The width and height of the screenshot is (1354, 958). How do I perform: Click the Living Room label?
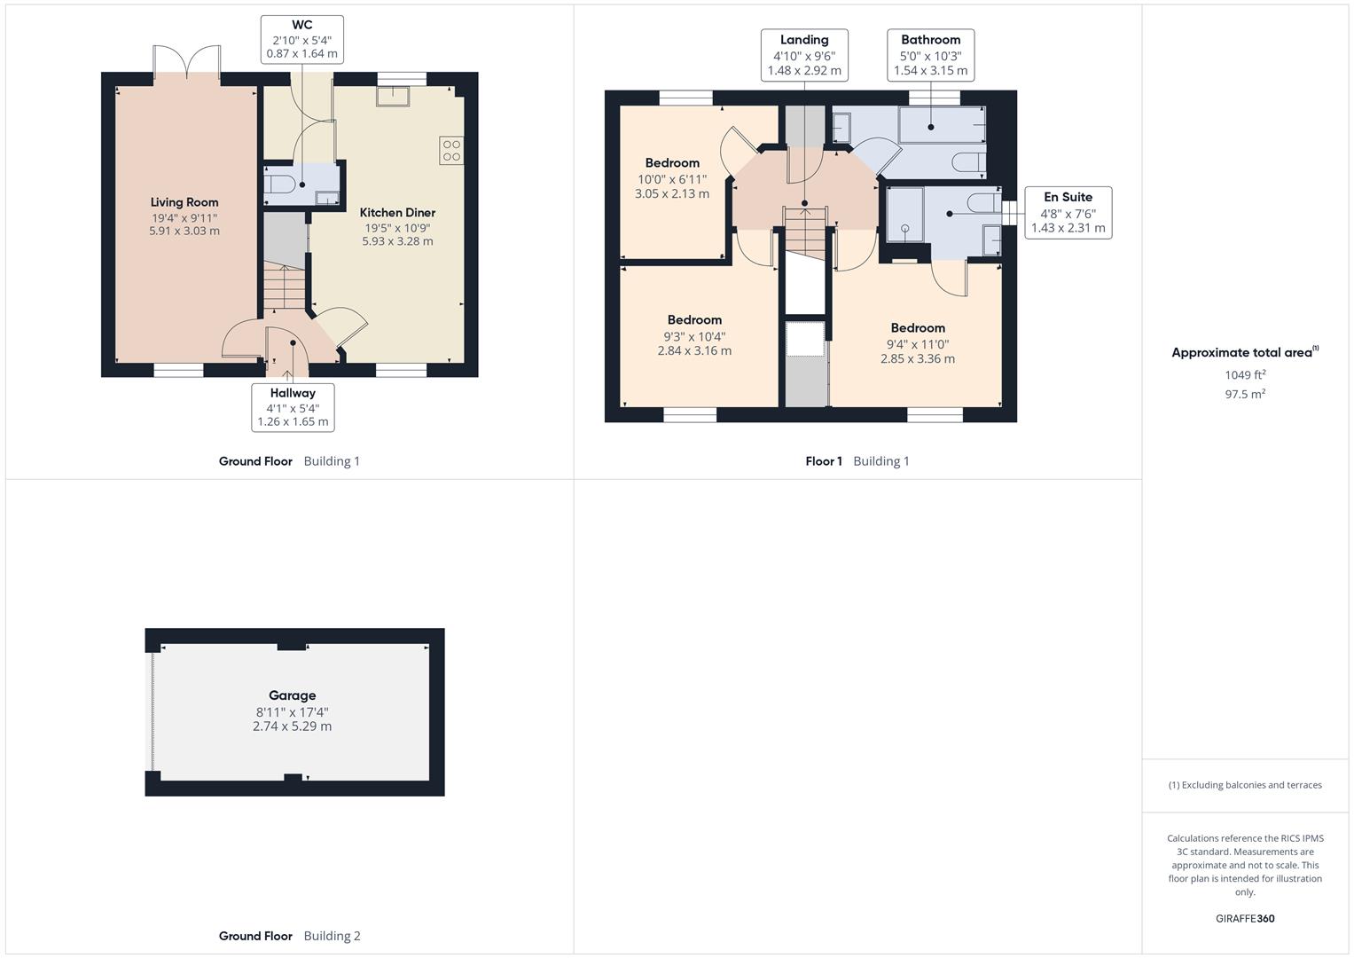coord(184,202)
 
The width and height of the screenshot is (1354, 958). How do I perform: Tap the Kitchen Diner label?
coord(397,212)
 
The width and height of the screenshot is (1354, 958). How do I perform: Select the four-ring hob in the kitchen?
coord(451,151)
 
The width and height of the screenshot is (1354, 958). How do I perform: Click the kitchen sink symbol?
coord(393,97)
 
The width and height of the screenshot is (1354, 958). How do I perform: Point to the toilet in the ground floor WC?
coord(279,185)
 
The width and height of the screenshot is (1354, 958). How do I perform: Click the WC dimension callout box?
coord(302,39)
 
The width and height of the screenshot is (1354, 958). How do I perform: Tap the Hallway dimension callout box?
coord(293,407)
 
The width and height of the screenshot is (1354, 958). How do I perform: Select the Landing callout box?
coord(804,55)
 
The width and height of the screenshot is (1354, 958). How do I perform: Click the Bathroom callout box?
coord(930,55)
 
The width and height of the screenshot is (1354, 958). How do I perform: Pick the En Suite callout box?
coord(1068,212)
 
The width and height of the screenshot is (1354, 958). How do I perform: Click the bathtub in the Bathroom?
coord(942,125)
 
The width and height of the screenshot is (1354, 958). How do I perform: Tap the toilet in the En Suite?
coord(983,202)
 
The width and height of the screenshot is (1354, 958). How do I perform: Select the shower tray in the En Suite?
coord(904,215)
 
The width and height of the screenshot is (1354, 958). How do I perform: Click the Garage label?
coord(292,695)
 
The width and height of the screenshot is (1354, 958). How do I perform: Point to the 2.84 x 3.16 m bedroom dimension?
coord(694,350)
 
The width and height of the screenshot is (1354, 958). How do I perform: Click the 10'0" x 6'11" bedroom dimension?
coord(672,179)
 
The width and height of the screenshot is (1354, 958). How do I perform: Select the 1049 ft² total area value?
coord(1245,374)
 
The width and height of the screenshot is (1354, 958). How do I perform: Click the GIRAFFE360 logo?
coord(1245,918)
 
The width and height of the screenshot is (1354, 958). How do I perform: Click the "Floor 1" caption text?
coord(823,461)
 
